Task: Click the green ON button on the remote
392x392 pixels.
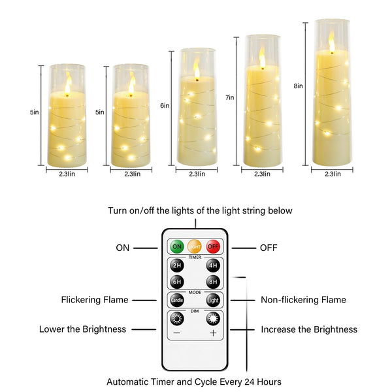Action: [x=176, y=247]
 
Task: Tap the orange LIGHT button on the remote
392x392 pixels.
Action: [x=194, y=247]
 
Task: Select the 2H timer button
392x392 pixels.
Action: [x=176, y=266]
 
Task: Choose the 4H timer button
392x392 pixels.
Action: [x=213, y=266]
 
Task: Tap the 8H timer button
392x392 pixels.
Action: [x=213, y=282]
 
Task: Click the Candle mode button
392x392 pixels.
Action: [x=176, y=301]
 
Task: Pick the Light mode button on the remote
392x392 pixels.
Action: [x=213, y=301]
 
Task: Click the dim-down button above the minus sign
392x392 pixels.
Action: [x=176, y=319]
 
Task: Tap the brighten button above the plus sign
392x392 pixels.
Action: [x=213, y=319]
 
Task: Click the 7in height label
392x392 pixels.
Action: [x=229, y=97]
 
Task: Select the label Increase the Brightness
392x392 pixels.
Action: [x=309, y=329]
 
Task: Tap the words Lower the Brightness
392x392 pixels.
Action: [x=82, y=329]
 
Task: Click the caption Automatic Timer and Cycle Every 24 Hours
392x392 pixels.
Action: [x=194, y=381]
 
